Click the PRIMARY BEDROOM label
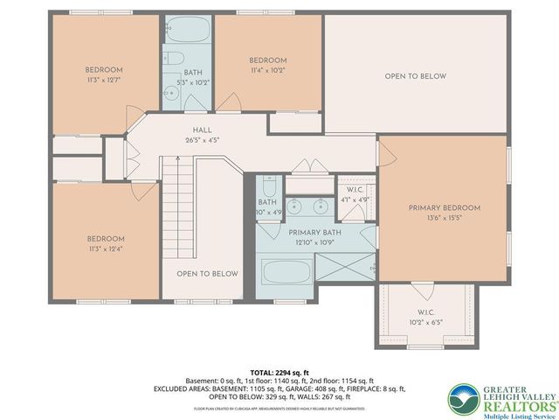(445, 207)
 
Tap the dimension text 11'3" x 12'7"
(103, 80)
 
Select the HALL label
(203, 129)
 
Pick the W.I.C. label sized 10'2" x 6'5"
(426, 316)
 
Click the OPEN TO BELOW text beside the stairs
(207, 274)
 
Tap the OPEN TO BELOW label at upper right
(415, 76)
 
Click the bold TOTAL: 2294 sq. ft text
(279, 372)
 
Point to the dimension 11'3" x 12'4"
(105, 248)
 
